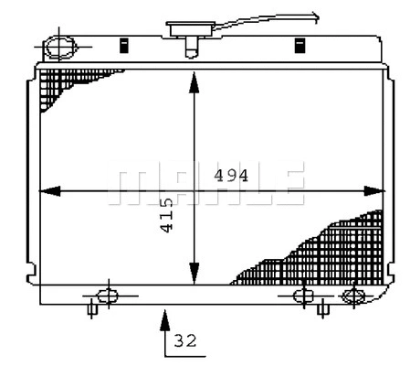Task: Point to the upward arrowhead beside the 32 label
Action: [164, 318]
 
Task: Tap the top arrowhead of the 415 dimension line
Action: [194, 81]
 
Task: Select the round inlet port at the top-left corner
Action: [61, 45]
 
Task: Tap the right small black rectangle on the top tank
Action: [299, 45]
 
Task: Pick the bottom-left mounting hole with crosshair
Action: [107, 296]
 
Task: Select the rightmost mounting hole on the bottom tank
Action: [352, 296]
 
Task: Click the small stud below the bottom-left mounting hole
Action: [91, 310]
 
